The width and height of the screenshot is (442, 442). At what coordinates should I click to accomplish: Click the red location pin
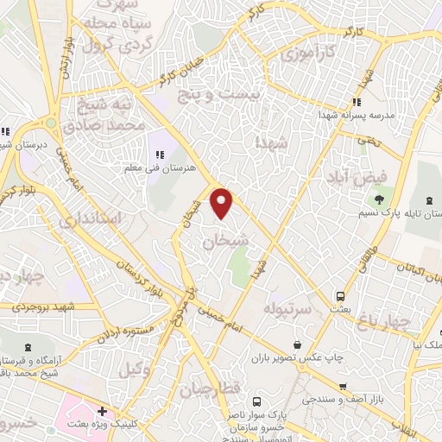(x=223, y=203)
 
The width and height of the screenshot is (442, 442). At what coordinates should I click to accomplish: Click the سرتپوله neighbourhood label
(x=284, y=308)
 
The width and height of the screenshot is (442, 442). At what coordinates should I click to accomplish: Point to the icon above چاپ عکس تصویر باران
(x=296, y=343)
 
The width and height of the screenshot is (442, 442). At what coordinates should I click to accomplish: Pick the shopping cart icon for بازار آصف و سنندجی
(x=343, y=387)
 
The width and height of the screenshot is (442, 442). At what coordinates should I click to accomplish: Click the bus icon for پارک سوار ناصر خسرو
(x=256, y=401)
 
